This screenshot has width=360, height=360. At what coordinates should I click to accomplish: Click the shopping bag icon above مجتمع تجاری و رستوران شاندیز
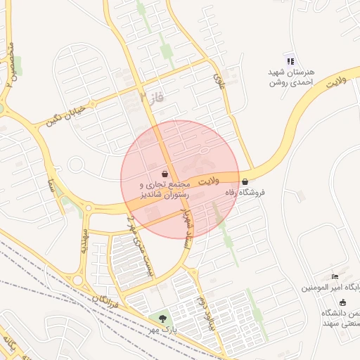point(165,174)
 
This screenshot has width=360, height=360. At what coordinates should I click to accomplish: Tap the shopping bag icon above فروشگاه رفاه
point(244,181)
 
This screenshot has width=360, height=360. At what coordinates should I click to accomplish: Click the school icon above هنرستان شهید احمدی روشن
point(290,61)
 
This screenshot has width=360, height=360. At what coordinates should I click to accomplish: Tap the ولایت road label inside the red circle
point(209,181)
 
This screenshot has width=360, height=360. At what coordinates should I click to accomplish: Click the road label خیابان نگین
point(66,114)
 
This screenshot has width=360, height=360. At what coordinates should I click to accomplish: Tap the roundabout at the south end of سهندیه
point(77,280)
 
